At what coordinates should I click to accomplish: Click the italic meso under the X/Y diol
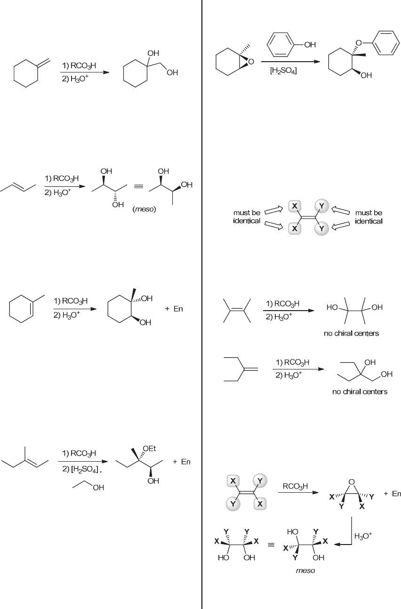[x=305, y=571]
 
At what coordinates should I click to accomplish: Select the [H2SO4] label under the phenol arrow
[x=283, y=72]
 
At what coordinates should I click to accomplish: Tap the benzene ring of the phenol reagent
[x=281, y=45]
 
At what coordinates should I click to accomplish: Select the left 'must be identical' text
[x=247, y=217]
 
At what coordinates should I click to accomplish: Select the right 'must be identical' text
[x=369, y=217]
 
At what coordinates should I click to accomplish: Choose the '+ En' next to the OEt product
[x=182, y=462]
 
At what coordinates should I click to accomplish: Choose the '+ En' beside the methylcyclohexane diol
[x=174, y=309]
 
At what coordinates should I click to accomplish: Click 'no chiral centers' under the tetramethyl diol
[x=351, y=334]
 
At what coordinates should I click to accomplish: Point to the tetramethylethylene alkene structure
[x=237, y=311]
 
